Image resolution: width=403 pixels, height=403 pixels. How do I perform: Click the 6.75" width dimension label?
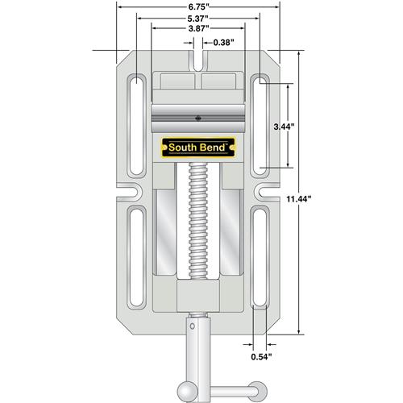(198, 7)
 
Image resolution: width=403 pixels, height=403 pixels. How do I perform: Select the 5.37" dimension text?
(198, 19)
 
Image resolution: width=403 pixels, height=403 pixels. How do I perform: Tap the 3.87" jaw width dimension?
(198, 28)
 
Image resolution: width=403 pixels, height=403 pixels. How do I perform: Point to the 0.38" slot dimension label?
(223, 43)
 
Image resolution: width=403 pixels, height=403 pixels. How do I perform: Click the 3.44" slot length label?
(284, 127)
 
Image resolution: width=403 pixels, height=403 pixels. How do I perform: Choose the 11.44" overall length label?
(298, 199)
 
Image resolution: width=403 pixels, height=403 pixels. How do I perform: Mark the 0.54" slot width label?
(261, 357)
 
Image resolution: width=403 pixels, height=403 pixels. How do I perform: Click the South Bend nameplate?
(198, 147)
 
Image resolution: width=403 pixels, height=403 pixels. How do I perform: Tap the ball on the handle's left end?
(187, 392)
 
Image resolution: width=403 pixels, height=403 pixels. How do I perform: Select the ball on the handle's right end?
(257, 392)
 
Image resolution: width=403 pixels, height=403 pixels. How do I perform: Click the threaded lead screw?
(198, 221)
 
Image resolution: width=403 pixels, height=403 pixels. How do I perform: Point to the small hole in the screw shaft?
(192, 326)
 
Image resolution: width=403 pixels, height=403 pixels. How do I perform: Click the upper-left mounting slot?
(137, 126)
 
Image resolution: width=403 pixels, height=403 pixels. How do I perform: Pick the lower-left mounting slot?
(136, 257)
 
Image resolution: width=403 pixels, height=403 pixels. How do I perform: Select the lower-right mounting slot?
(260, 257)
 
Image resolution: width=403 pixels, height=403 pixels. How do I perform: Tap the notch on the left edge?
(130, 193)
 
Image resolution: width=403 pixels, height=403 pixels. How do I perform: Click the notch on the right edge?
(267, 193)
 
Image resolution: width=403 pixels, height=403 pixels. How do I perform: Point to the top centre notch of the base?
(198, 60)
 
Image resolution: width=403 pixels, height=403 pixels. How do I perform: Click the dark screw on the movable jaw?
(198, 118)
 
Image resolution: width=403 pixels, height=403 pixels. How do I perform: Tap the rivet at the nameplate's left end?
(164, 147)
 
